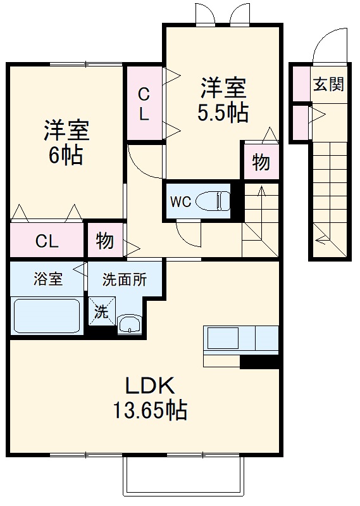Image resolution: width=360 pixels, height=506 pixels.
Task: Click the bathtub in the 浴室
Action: coord(47,315)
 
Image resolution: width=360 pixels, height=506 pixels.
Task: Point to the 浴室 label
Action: coord(47,279)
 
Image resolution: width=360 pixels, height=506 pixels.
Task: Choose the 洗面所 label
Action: coord(125,279)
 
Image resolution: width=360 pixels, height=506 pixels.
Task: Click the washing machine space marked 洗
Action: coord(101,311)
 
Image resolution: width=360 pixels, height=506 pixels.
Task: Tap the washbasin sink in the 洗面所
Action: coord(130,324)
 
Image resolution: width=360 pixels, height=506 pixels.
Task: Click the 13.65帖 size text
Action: coord(150,412)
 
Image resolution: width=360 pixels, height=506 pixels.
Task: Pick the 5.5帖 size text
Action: coord(222,112)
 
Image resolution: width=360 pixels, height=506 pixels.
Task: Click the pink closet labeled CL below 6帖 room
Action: coord(47,241)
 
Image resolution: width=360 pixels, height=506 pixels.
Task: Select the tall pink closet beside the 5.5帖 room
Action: coord(144,103)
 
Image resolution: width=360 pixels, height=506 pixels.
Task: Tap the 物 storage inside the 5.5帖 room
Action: coord(261,162)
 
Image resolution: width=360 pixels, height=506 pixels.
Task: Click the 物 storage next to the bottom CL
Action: coord(105,241)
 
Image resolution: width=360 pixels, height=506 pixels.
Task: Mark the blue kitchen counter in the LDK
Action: coord(240,339)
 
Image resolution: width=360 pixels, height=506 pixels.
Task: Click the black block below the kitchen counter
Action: coord(259,362)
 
